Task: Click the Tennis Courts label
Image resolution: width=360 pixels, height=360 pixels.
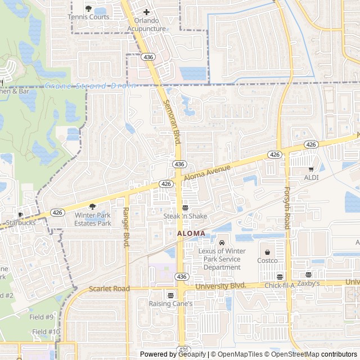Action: pos(88,17)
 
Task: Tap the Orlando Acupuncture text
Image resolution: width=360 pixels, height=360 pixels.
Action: pos(146,25)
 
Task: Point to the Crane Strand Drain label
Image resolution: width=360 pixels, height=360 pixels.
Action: pos(90,86)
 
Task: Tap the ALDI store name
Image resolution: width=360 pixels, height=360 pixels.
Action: pos(311,178)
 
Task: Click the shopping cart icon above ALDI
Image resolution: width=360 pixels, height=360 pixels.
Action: pos(310,169)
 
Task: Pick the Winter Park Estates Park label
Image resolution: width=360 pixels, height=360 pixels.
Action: pos(93,219)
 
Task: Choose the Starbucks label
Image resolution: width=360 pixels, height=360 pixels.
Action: pos(21,223)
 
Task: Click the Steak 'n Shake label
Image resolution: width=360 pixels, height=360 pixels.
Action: pos(185,216)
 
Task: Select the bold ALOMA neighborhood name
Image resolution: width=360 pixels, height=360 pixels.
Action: pos(191,233)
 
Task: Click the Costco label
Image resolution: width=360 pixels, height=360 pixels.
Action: pos(267,260)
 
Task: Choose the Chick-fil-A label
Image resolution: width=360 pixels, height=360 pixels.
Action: pos(280,285)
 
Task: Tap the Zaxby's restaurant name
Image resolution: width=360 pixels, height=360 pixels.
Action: pos(308,283)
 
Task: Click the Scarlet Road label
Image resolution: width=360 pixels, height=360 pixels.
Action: pos(109,289)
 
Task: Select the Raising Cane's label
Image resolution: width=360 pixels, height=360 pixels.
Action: pos(170,304)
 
